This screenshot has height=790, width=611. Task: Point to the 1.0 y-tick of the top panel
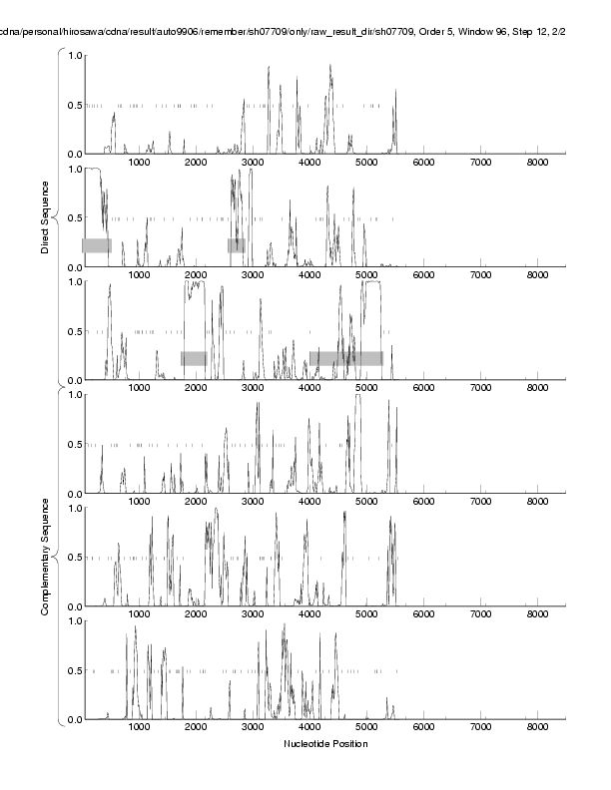pos(73,55)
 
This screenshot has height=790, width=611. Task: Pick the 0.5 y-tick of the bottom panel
pos(73,670)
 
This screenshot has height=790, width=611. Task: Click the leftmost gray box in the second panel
pos(96,245)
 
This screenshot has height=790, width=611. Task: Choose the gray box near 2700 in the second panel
pos(236,245)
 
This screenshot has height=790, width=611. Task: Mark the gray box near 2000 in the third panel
pos(194,358)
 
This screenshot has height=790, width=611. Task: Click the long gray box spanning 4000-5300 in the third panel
pos(345,358)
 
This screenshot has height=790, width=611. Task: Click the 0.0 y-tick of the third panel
pos(73,381)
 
